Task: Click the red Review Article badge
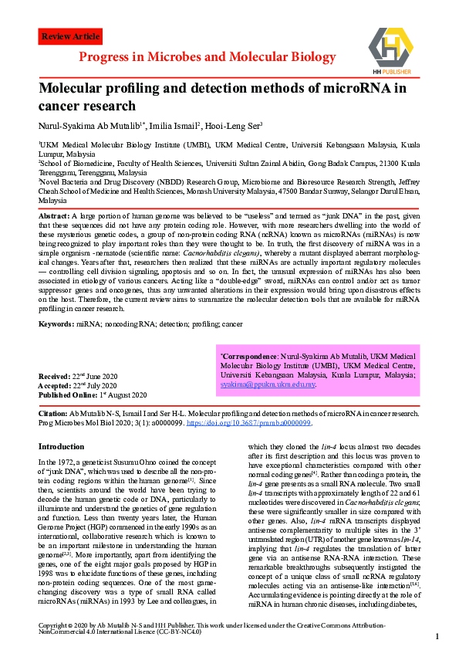tap(70, 36)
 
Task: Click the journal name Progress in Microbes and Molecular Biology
tap(207, 58)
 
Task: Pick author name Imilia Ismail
tap(175, 124)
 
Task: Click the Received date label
tap(55, 375)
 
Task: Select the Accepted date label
tap(56, 384)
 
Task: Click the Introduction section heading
tap(61, 445)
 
